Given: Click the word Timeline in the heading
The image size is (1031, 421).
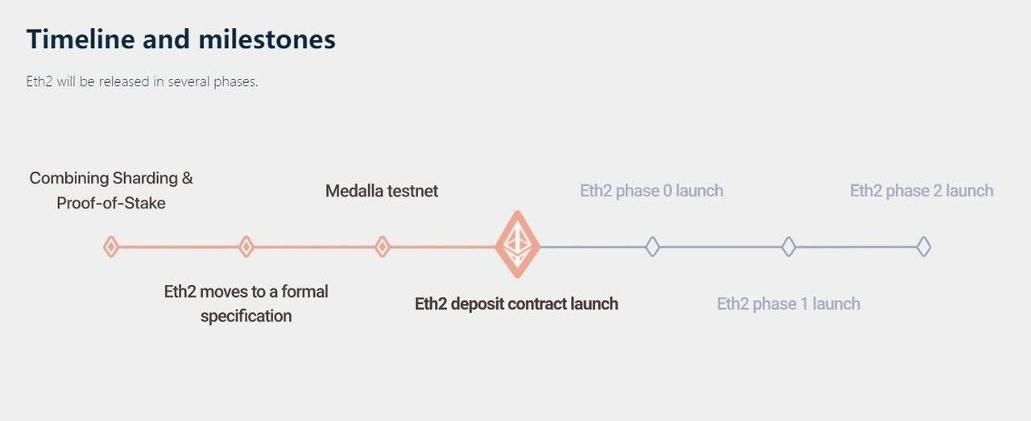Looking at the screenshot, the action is point(81,39).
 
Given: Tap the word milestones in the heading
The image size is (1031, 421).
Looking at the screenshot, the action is point(267,39).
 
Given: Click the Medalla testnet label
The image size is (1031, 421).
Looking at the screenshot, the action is point(382,191).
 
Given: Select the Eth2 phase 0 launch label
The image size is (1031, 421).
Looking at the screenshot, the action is point(652,191).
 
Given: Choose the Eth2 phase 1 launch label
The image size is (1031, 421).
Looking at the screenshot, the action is point(789,303).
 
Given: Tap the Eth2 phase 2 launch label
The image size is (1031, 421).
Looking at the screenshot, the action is point(921,191).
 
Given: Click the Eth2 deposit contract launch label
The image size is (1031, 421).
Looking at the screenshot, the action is point(516,303).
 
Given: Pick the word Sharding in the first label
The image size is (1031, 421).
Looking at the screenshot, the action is point(145,179).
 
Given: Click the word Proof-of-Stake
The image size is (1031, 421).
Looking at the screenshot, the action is point(111,203).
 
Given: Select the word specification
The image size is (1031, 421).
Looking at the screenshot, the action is point(246,316).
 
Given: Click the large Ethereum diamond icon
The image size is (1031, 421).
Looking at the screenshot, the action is point(517,245).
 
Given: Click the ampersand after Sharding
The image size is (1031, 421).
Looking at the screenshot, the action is point(188,179).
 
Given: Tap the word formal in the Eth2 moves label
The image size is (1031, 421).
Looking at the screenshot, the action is point(304,291).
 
